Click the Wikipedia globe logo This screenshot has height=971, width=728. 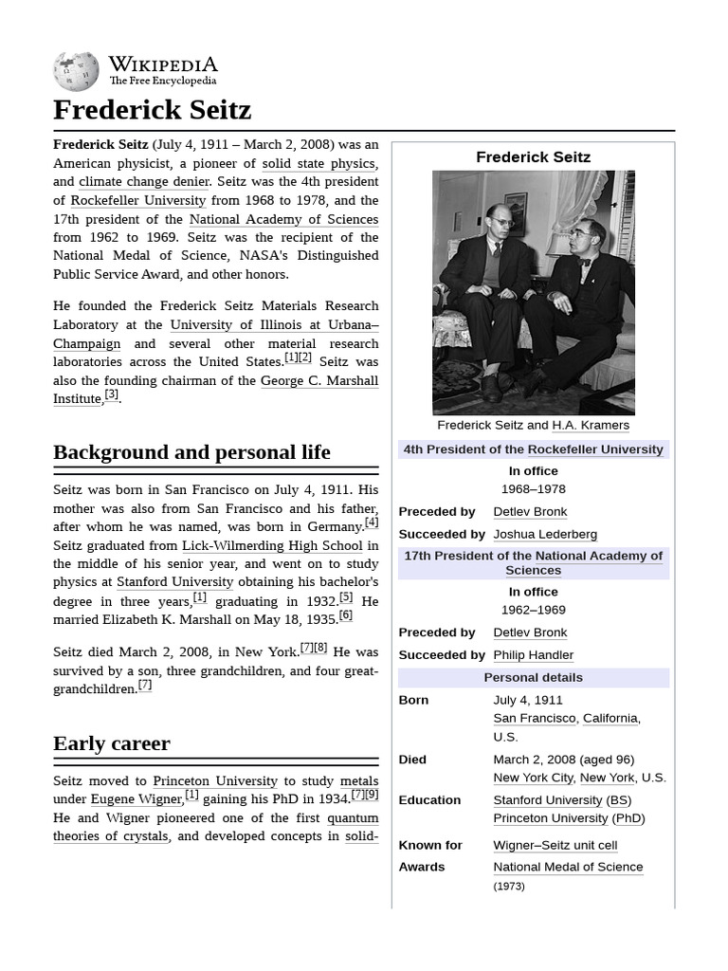76,72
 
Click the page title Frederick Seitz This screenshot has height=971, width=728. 152,110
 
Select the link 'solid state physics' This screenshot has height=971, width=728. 318,163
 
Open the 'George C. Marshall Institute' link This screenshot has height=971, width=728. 318,380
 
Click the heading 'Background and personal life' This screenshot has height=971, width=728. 191,452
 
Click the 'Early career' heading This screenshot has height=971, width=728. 112,743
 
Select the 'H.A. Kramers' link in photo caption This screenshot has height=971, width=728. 591,426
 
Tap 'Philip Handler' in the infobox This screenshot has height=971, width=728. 533,655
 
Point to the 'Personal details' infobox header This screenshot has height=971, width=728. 533,678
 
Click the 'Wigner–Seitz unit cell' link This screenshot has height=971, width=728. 555,845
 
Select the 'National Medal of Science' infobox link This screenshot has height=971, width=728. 568,867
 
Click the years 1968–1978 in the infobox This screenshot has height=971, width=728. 533,489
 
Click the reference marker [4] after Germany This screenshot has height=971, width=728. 372,522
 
